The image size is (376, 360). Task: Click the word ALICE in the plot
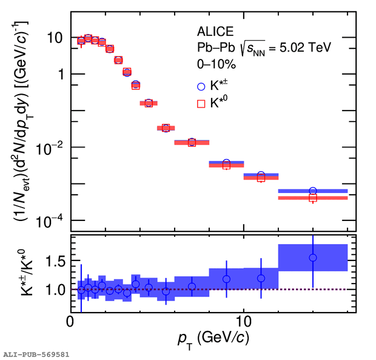point(213,31)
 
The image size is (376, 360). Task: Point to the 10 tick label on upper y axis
point(55,38)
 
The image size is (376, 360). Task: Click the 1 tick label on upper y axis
point(60,74)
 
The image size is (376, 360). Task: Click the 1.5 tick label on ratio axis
point(54,261)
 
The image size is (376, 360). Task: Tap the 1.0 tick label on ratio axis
point(54,290)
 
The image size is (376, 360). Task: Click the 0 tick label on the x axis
point(72,321)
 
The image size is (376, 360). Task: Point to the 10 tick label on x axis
point(244,321)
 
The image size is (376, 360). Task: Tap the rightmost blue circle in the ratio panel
point(313,257)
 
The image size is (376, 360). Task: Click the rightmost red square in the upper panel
point(313,198)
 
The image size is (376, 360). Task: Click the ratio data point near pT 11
point(261,278)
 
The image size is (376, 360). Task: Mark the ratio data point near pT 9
point(227,279)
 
